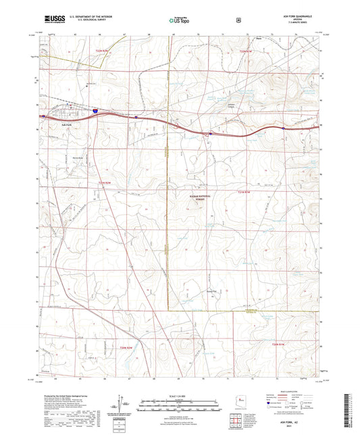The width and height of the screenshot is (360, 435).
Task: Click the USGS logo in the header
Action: [x=53, y=20]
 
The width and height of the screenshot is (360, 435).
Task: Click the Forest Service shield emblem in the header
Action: [x=238, y=20]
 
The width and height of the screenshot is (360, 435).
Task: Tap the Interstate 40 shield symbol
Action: [x=95, y=109]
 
